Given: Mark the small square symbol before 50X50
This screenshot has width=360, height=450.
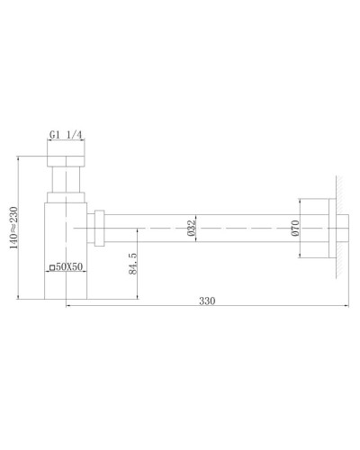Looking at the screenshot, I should click(x=50, y=267).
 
